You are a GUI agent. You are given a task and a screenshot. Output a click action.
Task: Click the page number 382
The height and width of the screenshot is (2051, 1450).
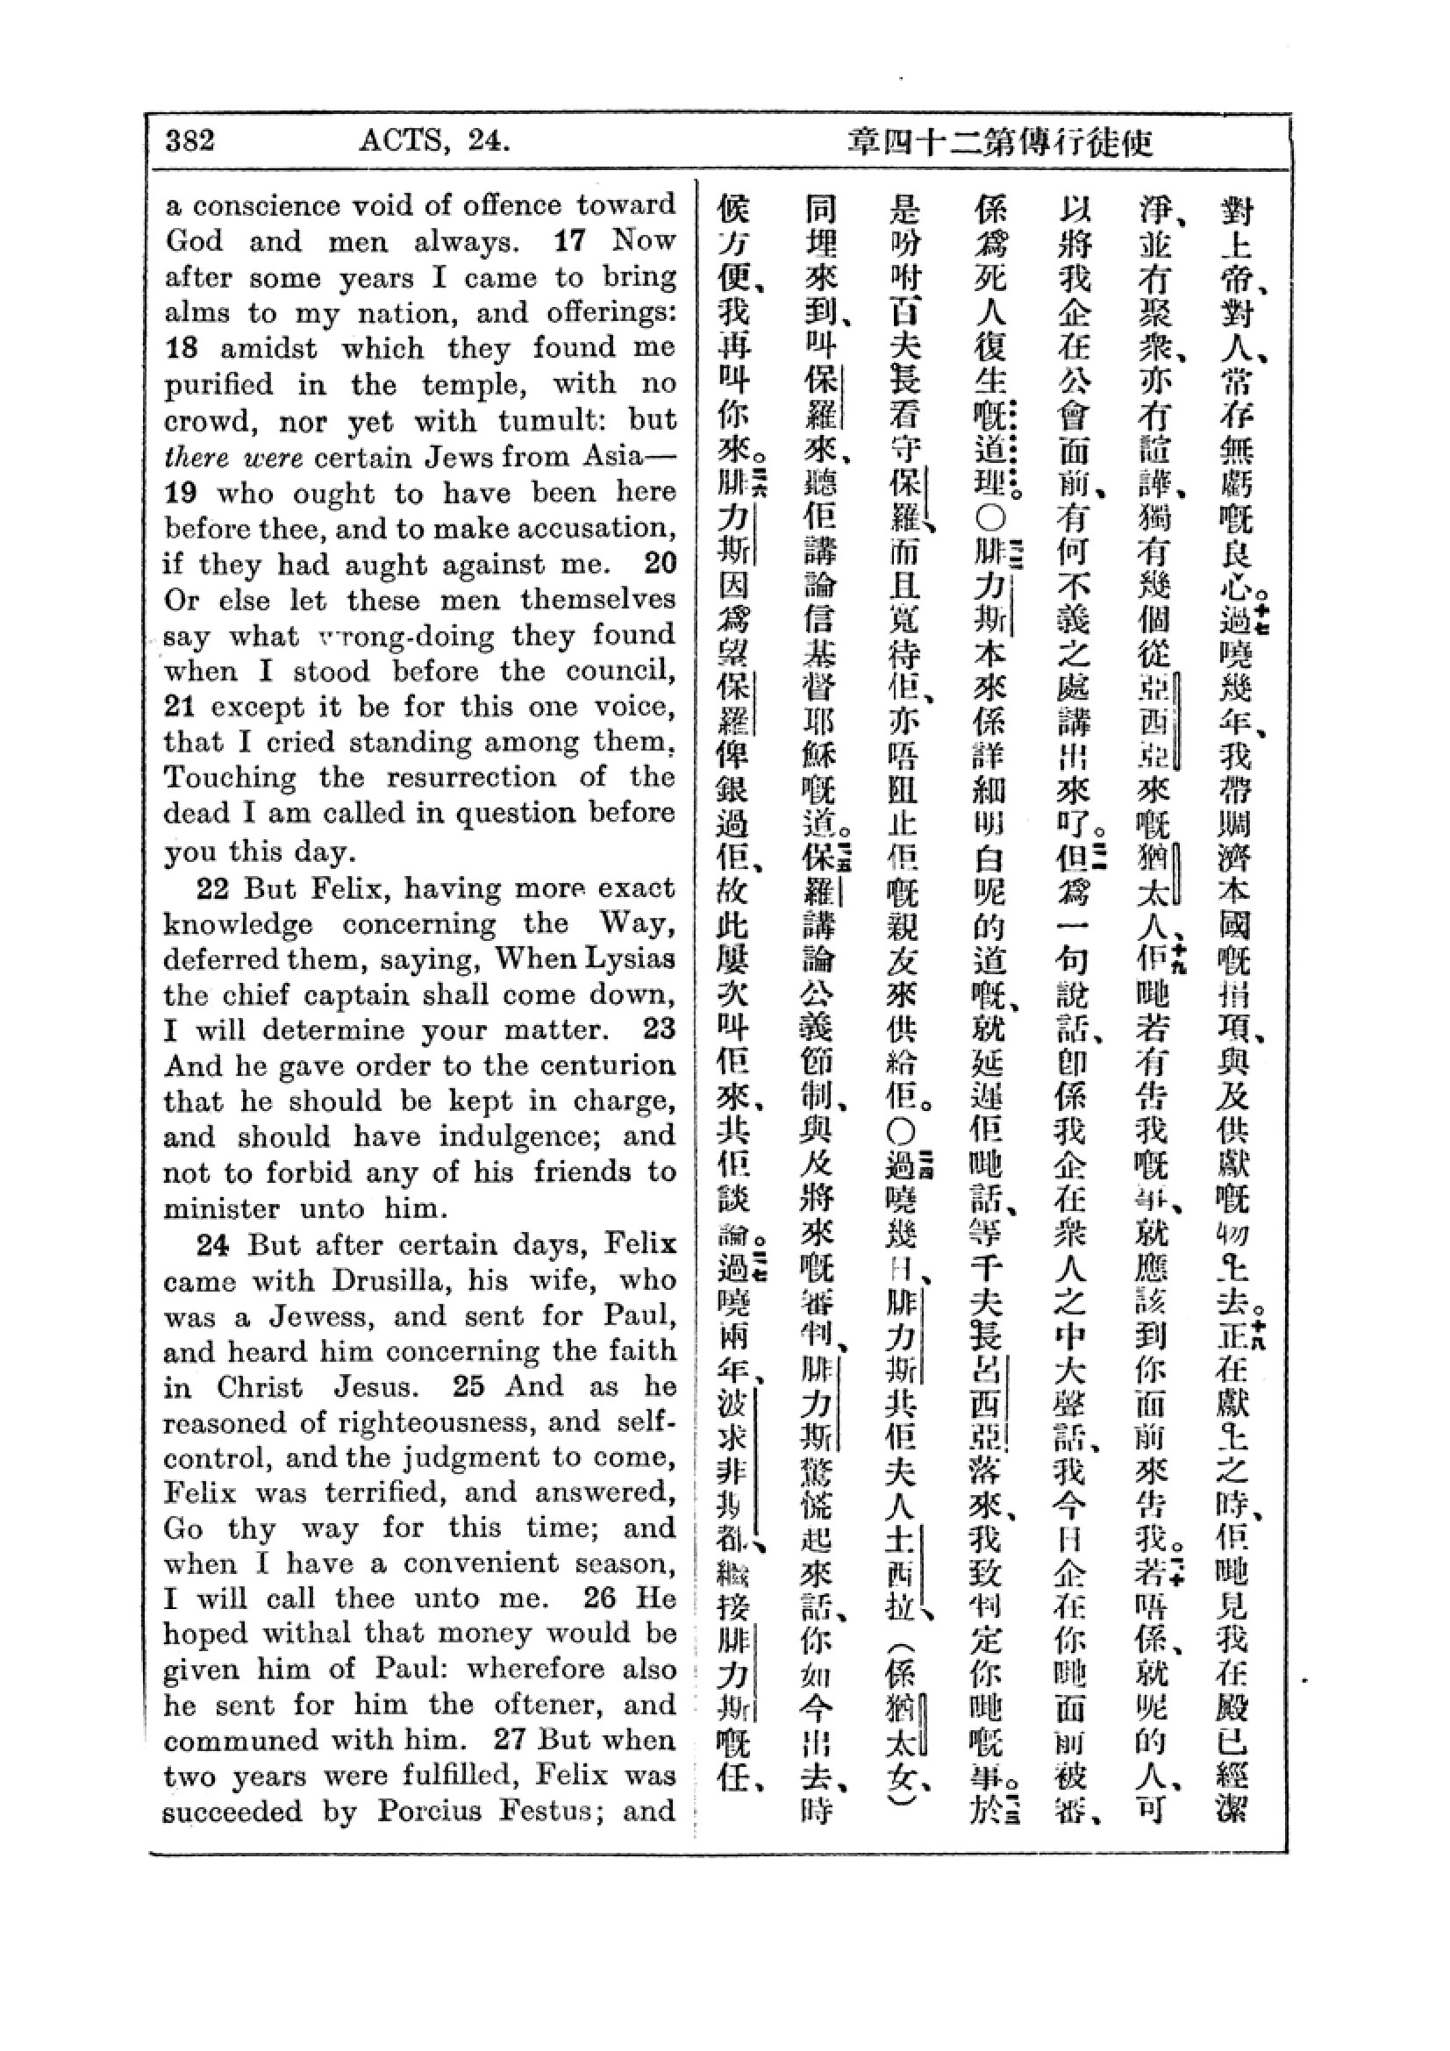(x=190, y=141)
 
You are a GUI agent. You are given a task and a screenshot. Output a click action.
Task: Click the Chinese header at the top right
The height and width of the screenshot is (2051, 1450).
(x=1001, y=143)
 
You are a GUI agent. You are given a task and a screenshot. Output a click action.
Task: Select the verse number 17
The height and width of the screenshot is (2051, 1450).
(x=571, y=241)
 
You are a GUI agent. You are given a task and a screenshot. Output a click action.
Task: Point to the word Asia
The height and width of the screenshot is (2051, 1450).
(x=613, y=457)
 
